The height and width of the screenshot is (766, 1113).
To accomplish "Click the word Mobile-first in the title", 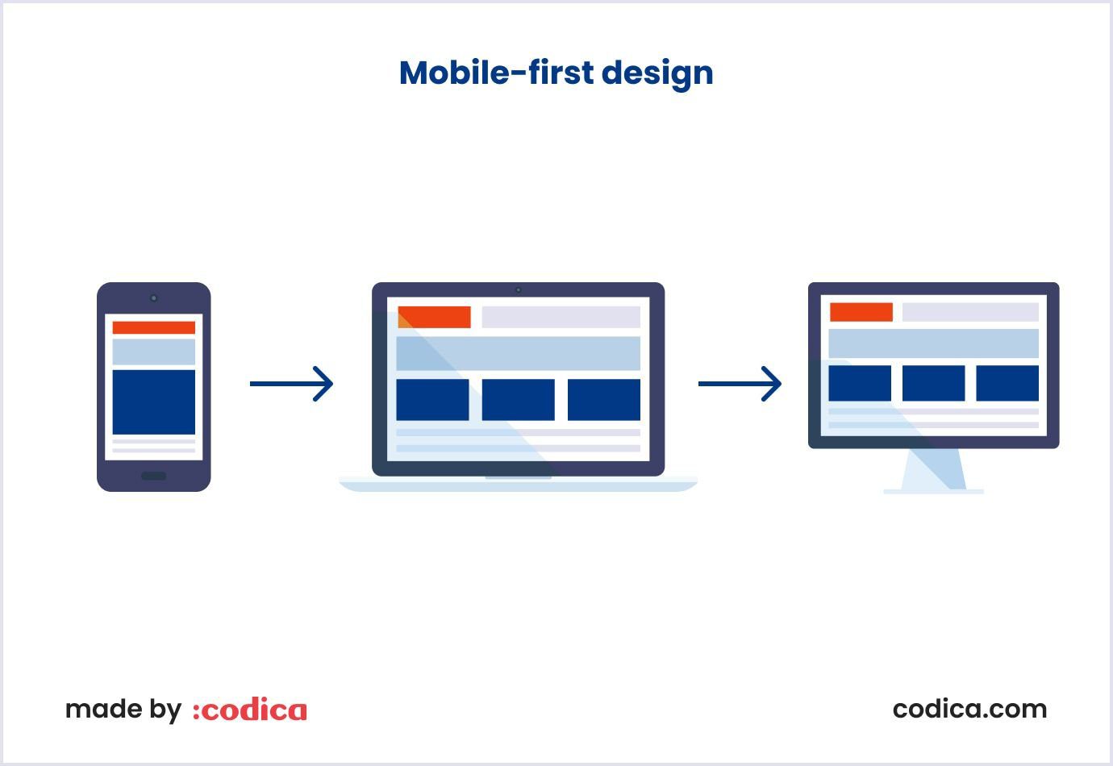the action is [496, 73].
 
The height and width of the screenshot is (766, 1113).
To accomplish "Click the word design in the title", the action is [657, 74].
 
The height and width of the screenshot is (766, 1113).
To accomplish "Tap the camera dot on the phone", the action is [153, 298].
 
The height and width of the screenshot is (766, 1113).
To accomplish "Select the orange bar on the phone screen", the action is [153, 327].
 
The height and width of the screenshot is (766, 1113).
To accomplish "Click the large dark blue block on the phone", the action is [153, 402].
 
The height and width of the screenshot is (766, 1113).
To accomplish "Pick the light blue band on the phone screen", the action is [153, 352].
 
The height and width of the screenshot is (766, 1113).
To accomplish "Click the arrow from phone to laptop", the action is [291, 384].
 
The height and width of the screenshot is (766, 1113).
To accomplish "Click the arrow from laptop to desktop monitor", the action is [740, 384].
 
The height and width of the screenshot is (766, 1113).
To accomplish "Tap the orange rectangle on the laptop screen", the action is [434, 317].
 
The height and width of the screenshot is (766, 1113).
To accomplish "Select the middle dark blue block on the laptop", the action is [519, 400].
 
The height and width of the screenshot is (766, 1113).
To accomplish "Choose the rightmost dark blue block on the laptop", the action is [604, 400].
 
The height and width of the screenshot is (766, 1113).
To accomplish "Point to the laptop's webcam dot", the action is [519, 290].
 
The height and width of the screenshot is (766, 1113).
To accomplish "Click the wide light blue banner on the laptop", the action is [519, 353].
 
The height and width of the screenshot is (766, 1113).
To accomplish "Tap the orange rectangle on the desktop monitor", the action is [861, 312].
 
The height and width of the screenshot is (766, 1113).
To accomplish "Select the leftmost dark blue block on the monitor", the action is [860, 383].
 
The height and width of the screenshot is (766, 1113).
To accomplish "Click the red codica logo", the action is [250, 710].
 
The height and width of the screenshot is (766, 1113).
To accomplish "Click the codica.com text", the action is [969, 709].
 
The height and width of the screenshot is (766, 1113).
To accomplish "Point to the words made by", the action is [123, 710].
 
